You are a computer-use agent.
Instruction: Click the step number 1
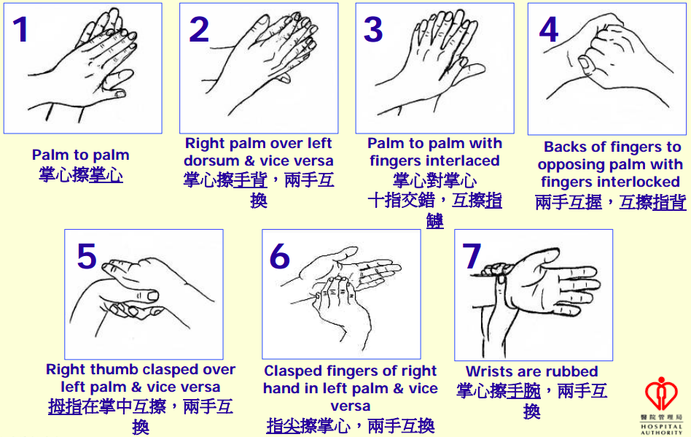tap(20, 29)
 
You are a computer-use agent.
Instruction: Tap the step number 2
tap(199, 29)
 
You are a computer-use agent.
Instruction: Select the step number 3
tap(372, 29)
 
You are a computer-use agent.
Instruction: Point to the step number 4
tap(549, 29)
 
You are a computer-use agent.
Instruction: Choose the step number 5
tap(86, 256)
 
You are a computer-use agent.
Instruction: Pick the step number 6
tap(279, 256)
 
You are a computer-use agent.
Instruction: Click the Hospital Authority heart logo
tap(661, 393)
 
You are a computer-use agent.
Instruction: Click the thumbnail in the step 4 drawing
tap(585, 64)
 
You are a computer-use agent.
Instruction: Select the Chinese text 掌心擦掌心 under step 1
tap(81, 175)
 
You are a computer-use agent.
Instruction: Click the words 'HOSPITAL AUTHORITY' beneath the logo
tap(661, 430)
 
